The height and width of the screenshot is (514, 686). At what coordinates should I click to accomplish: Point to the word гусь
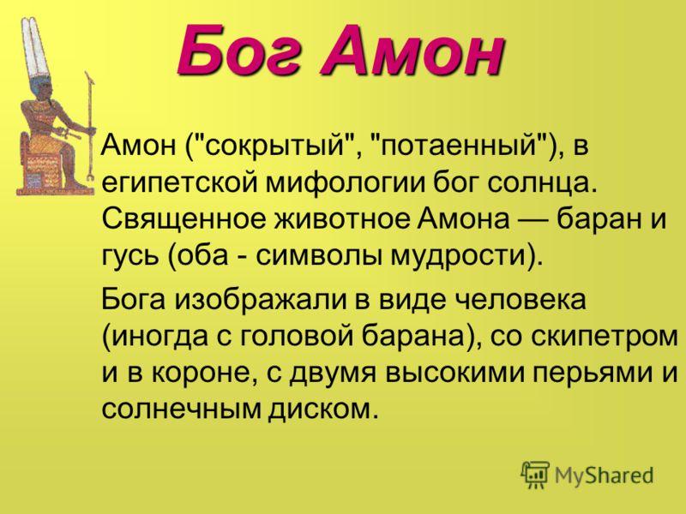tap(128, 254)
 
